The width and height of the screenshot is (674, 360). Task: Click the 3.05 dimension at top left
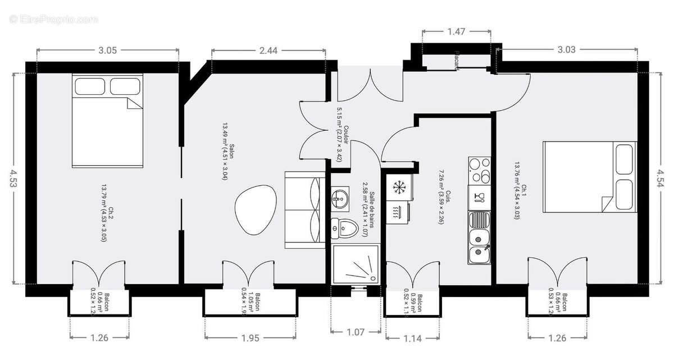(107, 50)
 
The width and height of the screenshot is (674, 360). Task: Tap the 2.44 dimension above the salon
(268, 50)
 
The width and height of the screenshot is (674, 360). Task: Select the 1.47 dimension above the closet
(456, 31)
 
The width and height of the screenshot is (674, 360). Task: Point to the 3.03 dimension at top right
(567, 50)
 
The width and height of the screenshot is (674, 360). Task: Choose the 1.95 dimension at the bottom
(250, 338)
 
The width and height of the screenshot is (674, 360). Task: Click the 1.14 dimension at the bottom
(412, 338)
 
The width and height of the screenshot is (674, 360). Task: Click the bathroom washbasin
(340, 197)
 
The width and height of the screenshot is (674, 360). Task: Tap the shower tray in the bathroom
(356, 265)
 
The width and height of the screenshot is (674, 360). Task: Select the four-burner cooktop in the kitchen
(479, 170)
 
